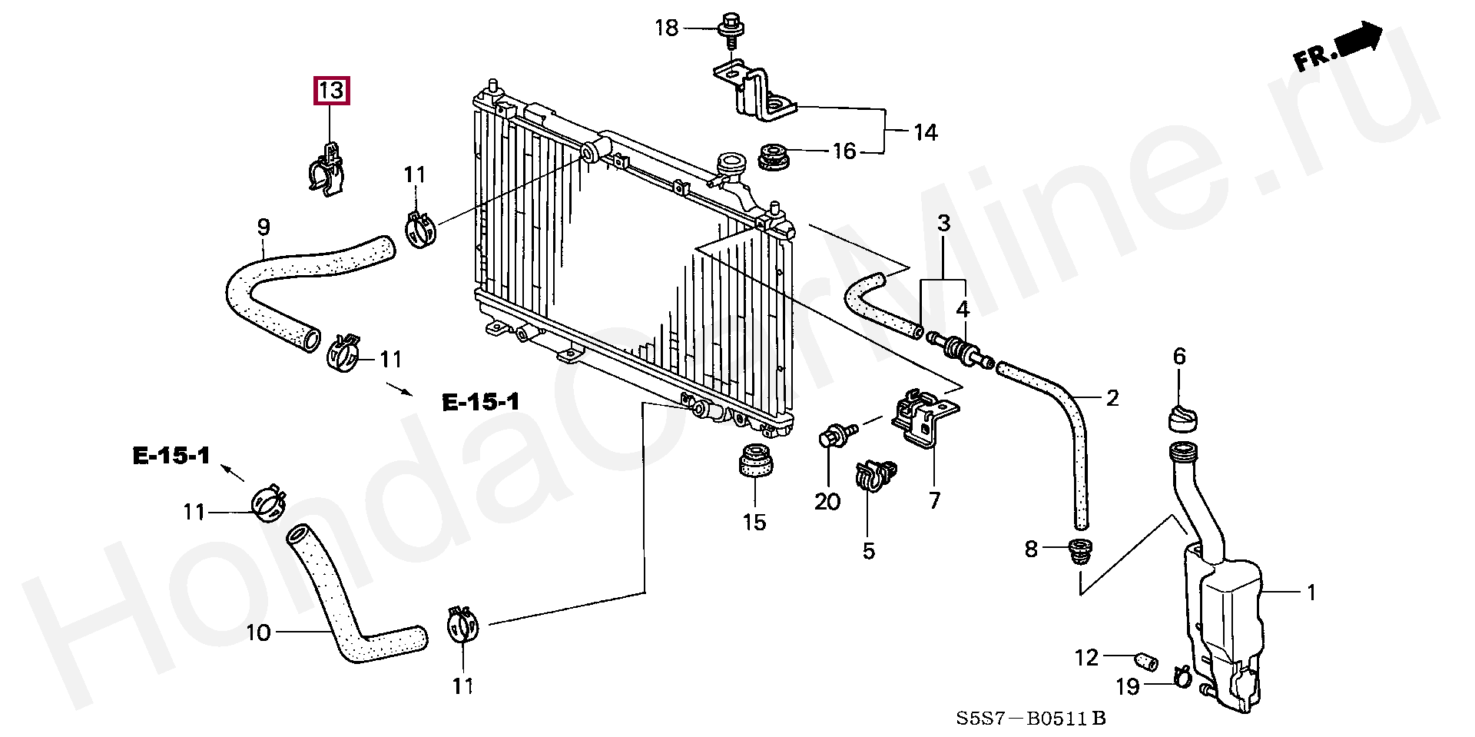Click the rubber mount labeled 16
[776, 156]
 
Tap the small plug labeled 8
[1080, 550]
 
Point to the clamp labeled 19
[1181, 676]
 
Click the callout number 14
[926, 132]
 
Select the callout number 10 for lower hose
[258, 633]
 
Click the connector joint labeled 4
[958, 350]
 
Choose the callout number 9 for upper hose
[264, 227]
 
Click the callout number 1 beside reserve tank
[1312, 593]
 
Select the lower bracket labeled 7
[922, 420]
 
